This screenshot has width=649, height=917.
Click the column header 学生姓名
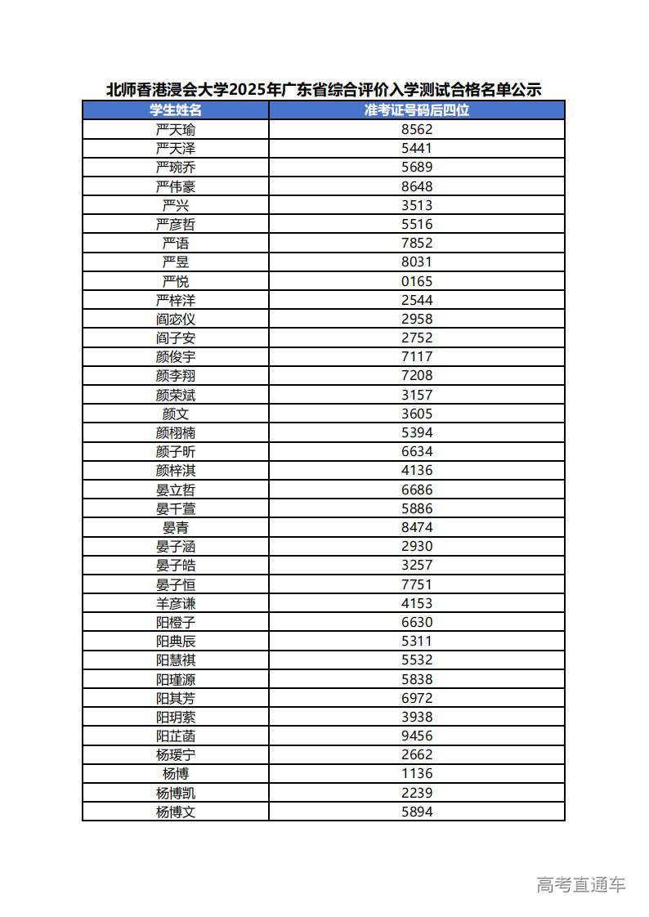[x=176, y=110]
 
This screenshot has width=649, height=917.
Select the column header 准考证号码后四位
[x=417, y=110]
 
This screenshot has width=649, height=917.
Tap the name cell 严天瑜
[x=176, y=129]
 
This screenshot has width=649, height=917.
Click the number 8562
[x=417, y=129]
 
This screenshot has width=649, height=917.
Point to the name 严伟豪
[x=176, y=186]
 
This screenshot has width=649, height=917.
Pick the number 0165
[x=417, y=281]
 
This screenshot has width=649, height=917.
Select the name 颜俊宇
[x=176, y=357]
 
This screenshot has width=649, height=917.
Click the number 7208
[x=417, y=376]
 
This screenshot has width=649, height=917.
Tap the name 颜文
[x=176, y=414]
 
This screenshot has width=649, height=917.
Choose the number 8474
[x=417, y=527]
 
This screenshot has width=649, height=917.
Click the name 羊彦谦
[x=176, y=603]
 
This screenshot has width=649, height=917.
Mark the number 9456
[x=417, y=736]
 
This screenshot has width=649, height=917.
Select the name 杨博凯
[x=176, y=793]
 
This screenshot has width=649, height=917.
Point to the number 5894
[x=417, y=812]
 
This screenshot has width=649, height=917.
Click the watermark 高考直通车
[x=581, y=884]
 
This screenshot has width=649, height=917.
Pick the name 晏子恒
[x=176, y=584]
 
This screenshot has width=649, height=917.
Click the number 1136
[x=417, y=773]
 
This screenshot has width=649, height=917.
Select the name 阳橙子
[x=176, y=622]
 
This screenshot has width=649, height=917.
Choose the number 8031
[x=417, y=262]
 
